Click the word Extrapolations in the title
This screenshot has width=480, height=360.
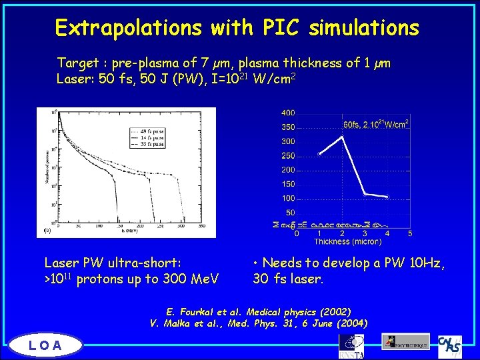[127, 27]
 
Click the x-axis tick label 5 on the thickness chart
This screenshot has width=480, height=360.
[410, 233]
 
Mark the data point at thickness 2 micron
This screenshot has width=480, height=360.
[342, 137]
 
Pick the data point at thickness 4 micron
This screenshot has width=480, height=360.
[387, 197]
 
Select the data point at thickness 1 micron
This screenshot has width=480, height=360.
[319, 154]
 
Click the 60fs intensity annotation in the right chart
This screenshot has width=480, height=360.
[375, 125]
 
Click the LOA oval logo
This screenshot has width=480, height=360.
[45, 345]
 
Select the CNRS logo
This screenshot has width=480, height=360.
[451, 345]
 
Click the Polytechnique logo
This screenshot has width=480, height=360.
[405, 342]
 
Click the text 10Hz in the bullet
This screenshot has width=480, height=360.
[425, 263]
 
